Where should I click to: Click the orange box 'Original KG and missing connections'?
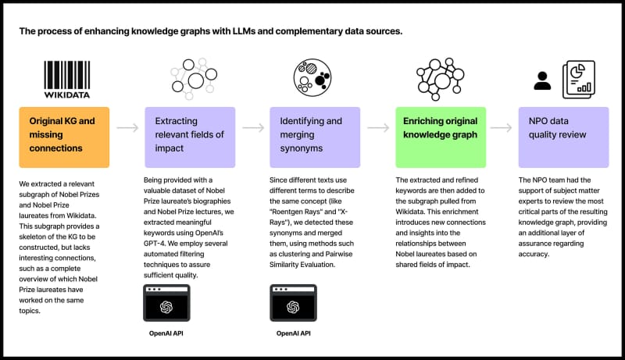tap(64, 137)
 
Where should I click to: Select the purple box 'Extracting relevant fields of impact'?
tap(190, 137)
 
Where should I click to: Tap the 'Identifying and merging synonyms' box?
tap(315, 137)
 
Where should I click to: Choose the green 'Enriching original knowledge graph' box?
tap(441, 137)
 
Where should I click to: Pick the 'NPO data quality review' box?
tap(563, 137)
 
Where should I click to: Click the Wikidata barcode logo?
tap(67, 79)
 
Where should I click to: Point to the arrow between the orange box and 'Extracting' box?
tap(127, 128)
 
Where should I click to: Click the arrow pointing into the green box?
tap(378, 128)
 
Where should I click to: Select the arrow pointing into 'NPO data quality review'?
tap(501, 128)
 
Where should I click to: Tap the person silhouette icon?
tap(542, 81)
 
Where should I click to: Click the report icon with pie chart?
tap(579, 80)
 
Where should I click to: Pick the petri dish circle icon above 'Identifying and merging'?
tap(312, 77)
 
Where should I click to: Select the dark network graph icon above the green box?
tap(440, 79)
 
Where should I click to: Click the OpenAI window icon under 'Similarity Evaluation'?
tap(294, 303)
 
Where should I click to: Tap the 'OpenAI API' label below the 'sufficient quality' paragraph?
tap(166, 333)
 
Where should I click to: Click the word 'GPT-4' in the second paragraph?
tap(154, 244)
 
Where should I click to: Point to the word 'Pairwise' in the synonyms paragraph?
tap(339, 254)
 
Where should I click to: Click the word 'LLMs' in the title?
tap(239, 31)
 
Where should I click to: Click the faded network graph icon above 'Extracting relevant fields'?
tap(194, 79)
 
